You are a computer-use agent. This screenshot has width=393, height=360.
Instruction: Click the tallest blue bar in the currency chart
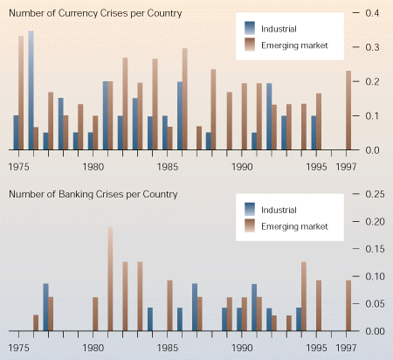tap(31, 90)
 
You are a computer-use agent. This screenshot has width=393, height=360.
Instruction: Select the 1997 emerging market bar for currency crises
tap(348, 110)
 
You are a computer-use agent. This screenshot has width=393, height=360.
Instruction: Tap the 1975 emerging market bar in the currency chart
tap(21, 93)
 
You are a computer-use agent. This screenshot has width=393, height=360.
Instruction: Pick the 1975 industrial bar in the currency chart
tap(16, 133)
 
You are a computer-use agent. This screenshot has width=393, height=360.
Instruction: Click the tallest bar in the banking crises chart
tap(110, 279)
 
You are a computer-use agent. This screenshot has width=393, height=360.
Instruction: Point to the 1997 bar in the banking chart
tap(348, 306)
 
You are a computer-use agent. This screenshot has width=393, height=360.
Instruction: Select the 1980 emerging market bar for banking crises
tap(95, 314)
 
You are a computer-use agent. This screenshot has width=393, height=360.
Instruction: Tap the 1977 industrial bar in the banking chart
tap(45, 307)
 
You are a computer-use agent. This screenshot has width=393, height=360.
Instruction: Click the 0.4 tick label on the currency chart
tap(372, 13)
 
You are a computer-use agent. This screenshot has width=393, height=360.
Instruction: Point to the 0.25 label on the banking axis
tap(375, 194)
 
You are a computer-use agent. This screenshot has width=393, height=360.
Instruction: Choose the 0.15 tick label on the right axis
tap(375, 249)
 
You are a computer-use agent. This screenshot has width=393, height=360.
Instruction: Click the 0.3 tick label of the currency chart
tap(372, 47)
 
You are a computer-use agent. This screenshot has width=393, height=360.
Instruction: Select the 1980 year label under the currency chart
tap(93, 167)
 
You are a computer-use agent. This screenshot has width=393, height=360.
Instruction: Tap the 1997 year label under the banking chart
tap(346, 348)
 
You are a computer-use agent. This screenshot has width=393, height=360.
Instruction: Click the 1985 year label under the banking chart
tap(168, 348)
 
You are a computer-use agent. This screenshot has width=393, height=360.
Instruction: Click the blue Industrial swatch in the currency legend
tap(250, 28)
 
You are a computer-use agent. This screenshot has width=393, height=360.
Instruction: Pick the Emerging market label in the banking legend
tap(294, 226)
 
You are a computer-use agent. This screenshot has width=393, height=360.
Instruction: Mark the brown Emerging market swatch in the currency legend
tap(250, 45)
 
